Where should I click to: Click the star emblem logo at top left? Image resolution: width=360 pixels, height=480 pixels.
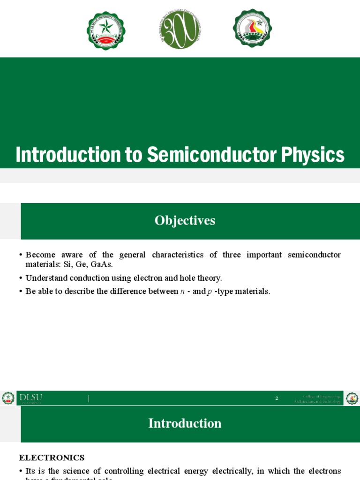pos(106,31)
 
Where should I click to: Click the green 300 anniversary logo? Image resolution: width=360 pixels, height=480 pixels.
pos(180,29)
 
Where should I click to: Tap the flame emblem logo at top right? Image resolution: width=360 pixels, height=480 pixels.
pos(252,28)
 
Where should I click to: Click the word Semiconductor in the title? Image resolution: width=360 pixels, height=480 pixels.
pos(209,155)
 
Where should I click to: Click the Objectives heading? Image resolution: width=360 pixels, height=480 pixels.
pos(185,221)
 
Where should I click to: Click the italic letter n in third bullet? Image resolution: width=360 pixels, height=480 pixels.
pos(182,292)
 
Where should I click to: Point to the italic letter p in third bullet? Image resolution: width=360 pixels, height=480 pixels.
pos(209,292)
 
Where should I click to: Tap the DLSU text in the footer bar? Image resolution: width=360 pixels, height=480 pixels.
pos(31,397)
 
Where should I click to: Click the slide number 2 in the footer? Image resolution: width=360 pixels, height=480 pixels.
pos(277,398)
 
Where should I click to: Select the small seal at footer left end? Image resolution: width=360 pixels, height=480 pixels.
pos(8,398)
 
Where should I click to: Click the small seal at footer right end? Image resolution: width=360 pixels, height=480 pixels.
pos(352,398)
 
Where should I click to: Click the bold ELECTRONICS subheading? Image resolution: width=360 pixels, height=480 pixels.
pos(52,457)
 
